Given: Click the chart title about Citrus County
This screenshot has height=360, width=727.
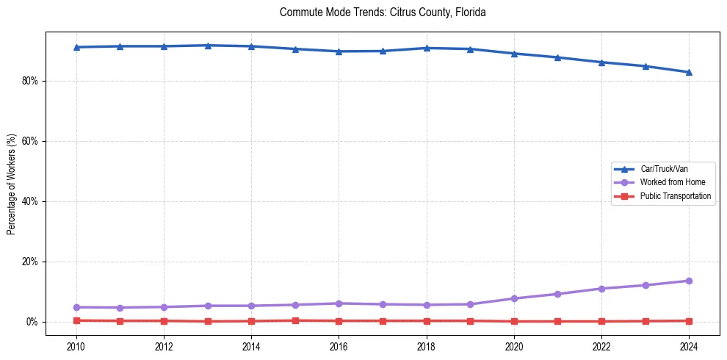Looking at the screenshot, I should click(x=383, y=12).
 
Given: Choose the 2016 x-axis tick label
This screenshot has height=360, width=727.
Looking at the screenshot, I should click(x=339, y=345).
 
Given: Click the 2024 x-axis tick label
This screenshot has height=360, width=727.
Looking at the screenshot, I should click(x=689, y=345).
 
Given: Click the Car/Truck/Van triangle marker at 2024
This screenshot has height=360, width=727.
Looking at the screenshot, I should click(x=689, y=72).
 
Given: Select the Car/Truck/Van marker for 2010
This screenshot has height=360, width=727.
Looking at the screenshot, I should click(x=76, y=47).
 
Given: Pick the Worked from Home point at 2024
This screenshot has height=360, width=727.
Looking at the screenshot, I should click(x=689, y=281).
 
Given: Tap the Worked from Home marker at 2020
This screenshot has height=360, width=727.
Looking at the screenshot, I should click(x=514, y=298).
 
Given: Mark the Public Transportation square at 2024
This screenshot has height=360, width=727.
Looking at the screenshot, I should click(x=689, y=321).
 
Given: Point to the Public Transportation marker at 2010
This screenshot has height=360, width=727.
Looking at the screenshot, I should click(x=76, y=320).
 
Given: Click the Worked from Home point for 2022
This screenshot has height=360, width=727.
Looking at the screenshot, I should click(x=601, y=289).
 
